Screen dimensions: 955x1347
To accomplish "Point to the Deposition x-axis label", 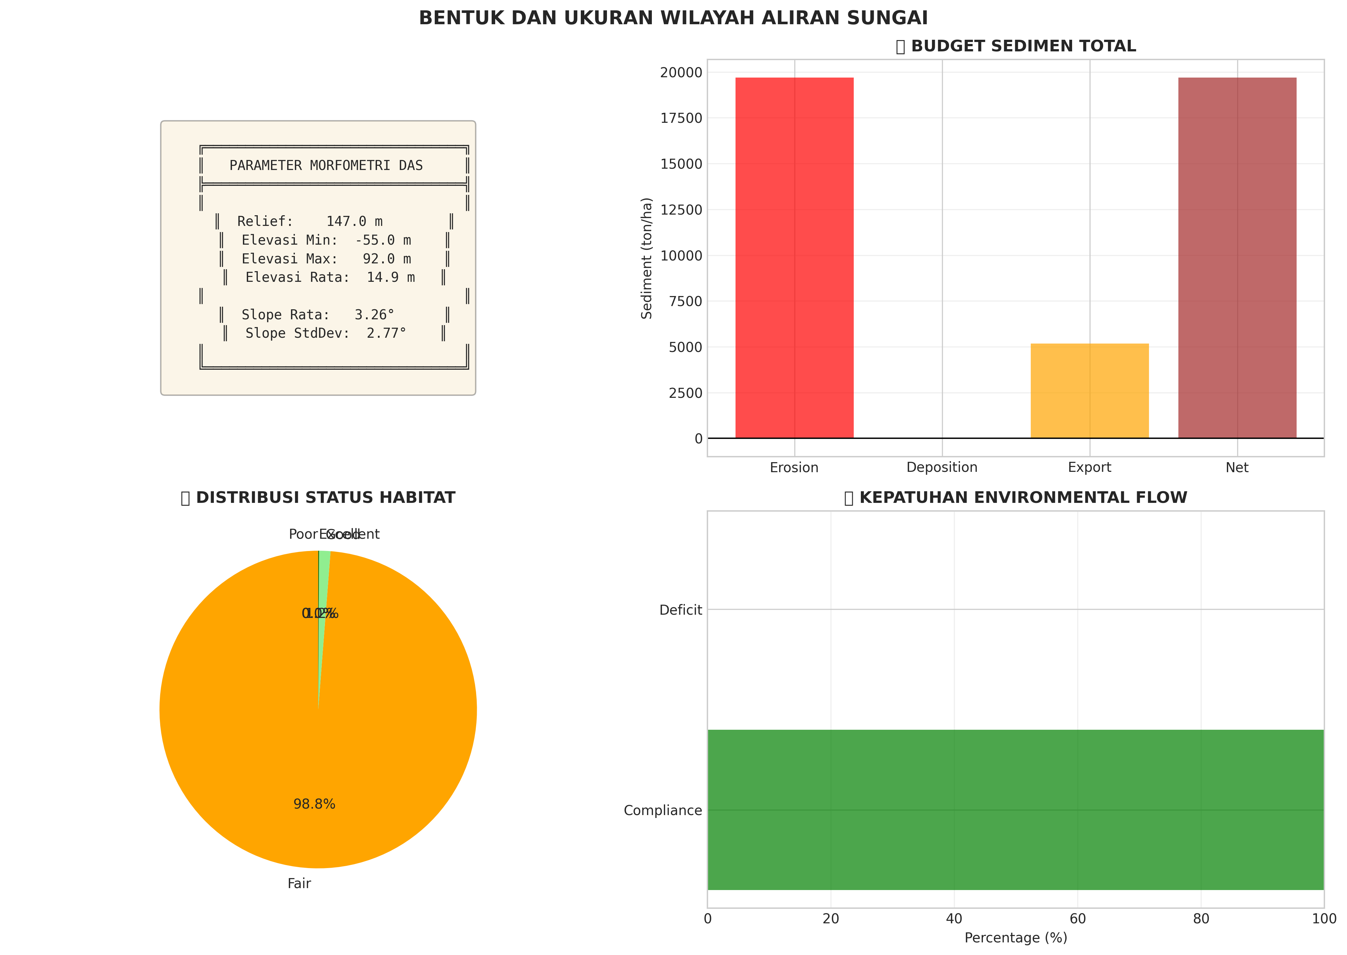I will tap(942, 468).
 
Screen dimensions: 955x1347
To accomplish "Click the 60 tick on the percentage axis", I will tap(1077, 918).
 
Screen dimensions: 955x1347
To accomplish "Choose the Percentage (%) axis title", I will tap(1016, 937).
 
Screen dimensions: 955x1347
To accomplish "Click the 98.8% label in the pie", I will tap(314, 804).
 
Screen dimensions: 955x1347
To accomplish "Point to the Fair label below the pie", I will tap(299, 883).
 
